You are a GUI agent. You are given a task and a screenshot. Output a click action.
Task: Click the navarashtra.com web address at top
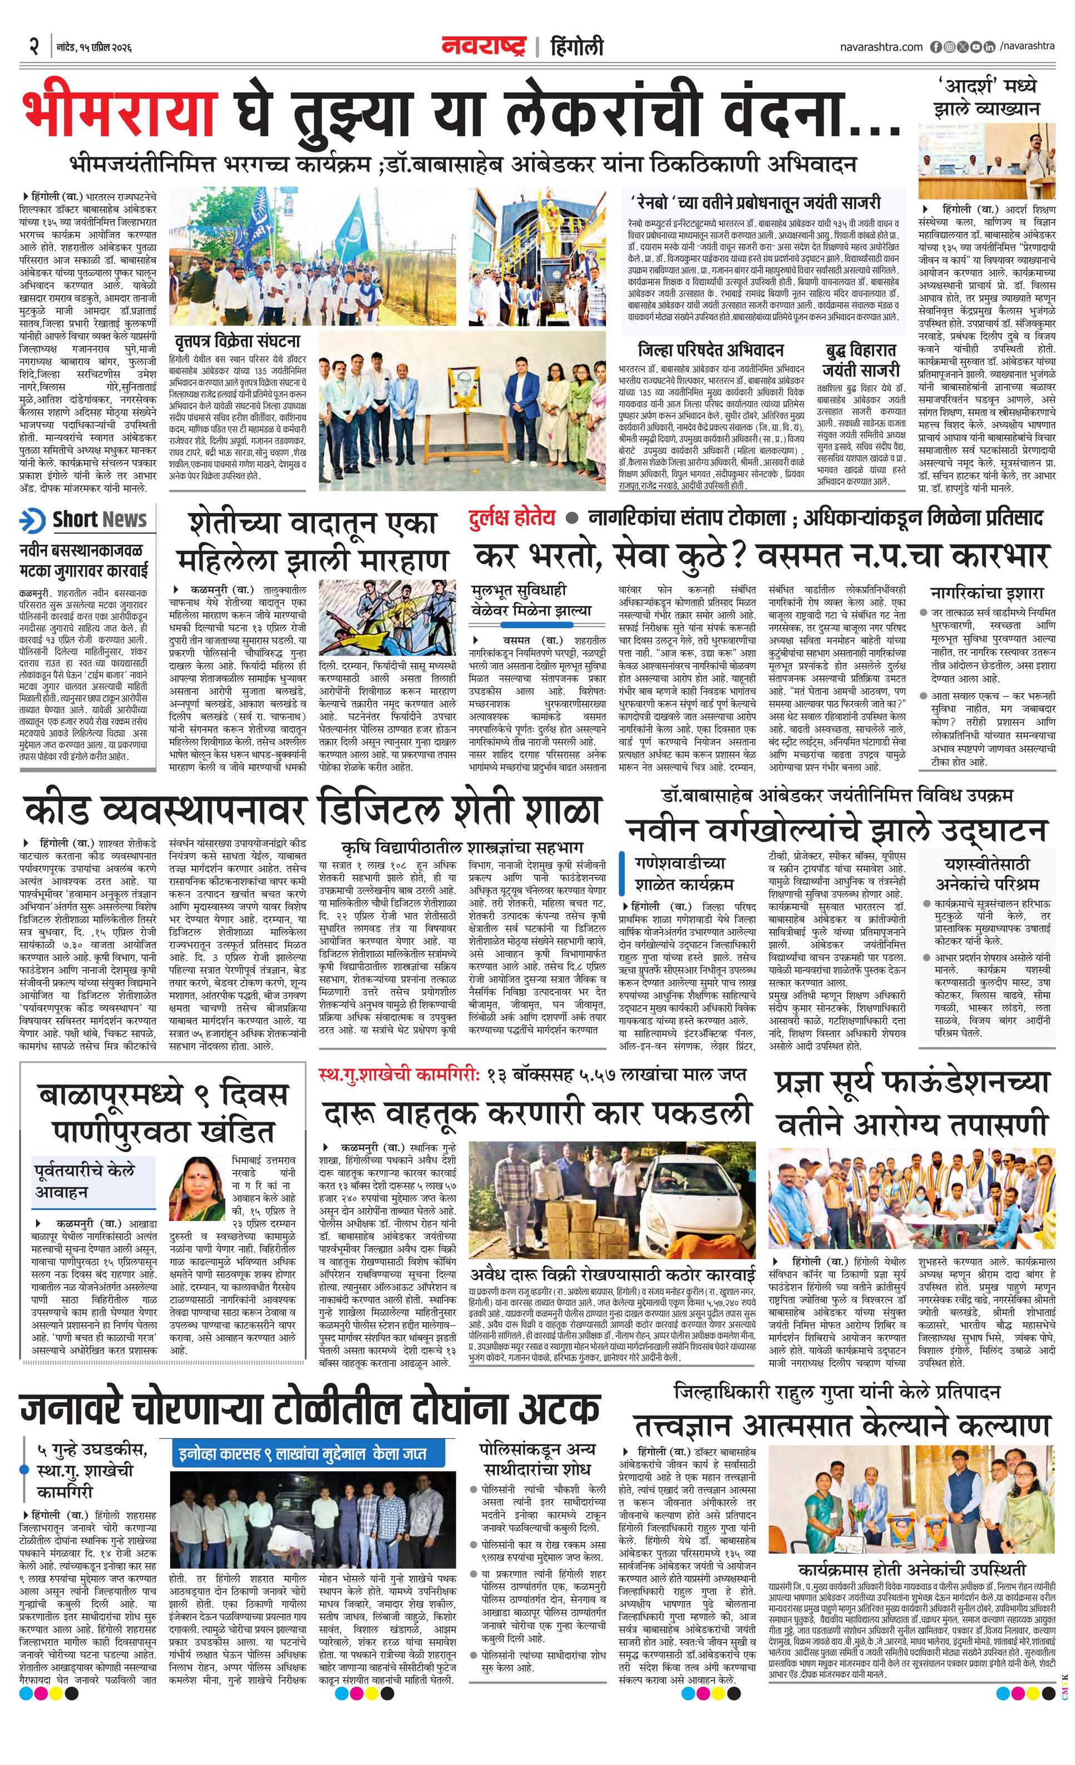(x=881, y=47)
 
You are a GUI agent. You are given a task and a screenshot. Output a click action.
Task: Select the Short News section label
(x=99, y=520)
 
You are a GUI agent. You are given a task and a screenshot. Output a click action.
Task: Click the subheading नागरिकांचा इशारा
(x=987, y=593)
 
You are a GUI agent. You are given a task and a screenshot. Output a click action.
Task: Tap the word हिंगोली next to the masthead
(x=577, y=47)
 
